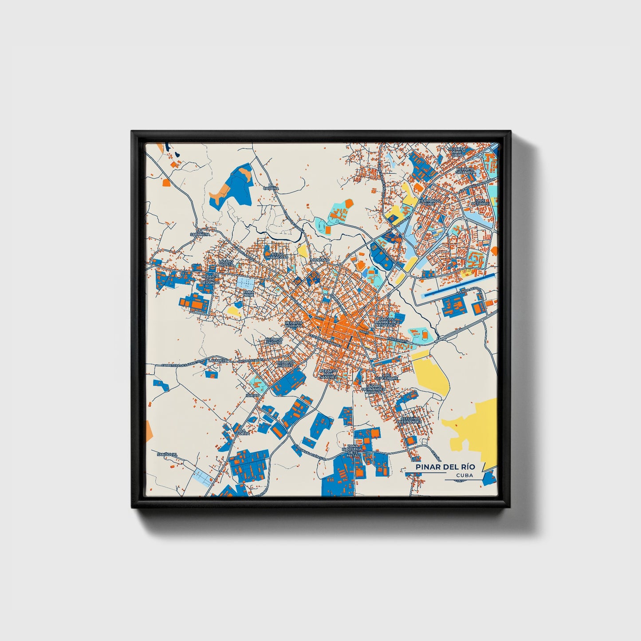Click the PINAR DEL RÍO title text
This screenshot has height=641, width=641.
pyautogui.click(x=445, y=467)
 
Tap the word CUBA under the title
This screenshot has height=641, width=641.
pyautogui.click(x=464, y=475)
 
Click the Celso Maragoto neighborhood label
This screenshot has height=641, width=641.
pyautogui.click(x=278, y=256)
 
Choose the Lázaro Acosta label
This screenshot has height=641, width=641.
pyautogui.click(x=226, y=263)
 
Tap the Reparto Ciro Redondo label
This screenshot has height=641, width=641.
pyautogui.click(x=211, y=279)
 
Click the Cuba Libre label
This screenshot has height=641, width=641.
pyautogui.click(x=248, y=293)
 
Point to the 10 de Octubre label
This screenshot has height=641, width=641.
pyautogui.click(x=482, y=202)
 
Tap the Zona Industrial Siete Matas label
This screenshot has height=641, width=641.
pyautogui.click(x=353, y=451)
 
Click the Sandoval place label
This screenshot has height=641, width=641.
pyautogui.click(x=167, y=455)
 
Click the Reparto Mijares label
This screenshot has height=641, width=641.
pyautogui.click(x=285, y=364)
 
